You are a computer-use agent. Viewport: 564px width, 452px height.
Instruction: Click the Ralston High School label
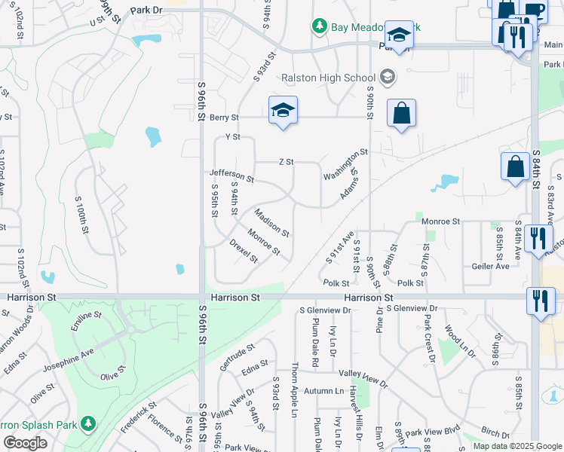coord(328,78)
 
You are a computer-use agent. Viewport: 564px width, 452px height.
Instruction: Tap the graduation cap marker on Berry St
coord(283,111)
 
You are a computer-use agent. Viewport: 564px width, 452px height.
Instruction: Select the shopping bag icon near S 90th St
coord(401,114)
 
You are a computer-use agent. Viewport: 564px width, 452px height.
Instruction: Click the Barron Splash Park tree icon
coord(89,423)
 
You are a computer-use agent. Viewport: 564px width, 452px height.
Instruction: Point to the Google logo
coord(25,443)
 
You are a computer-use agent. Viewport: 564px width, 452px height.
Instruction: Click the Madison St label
coord(271,223)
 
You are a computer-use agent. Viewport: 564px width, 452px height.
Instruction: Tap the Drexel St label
coord(244,252)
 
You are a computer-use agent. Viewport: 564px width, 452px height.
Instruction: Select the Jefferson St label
coord(231,176)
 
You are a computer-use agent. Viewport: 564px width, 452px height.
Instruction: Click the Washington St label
coord(345,164)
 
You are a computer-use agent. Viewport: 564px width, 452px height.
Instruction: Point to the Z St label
coord(286,162)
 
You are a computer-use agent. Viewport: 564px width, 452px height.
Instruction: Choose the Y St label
coord(232,137)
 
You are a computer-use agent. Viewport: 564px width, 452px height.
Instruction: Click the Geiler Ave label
coord(491,266)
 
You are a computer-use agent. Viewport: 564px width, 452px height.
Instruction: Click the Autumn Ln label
coord(323,391)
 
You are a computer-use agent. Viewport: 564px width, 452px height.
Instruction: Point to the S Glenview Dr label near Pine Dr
coord(412,309)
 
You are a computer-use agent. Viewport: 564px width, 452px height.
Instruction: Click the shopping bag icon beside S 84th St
coord(516,166)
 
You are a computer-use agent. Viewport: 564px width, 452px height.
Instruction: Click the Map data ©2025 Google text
coord(517,446)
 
